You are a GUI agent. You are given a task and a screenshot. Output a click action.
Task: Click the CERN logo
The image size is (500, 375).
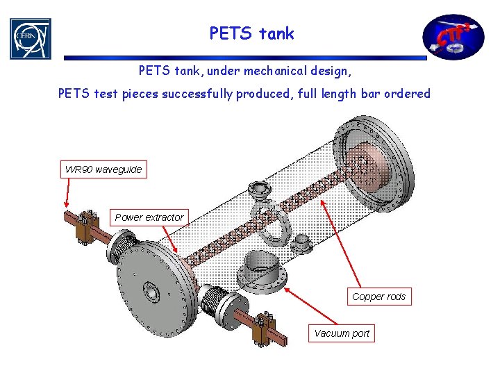30,38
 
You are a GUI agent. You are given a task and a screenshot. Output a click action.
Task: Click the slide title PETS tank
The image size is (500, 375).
251,33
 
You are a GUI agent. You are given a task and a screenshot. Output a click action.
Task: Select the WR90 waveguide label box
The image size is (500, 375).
103,169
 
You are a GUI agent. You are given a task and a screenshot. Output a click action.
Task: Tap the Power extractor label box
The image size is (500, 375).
149,217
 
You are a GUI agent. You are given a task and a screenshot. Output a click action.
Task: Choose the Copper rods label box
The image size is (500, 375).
378,297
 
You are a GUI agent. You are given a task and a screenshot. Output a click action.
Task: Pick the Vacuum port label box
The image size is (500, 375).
342,333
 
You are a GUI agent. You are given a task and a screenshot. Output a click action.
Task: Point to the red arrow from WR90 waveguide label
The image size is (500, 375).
67,191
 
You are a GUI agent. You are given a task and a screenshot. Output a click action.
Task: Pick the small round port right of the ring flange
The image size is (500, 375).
301,243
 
